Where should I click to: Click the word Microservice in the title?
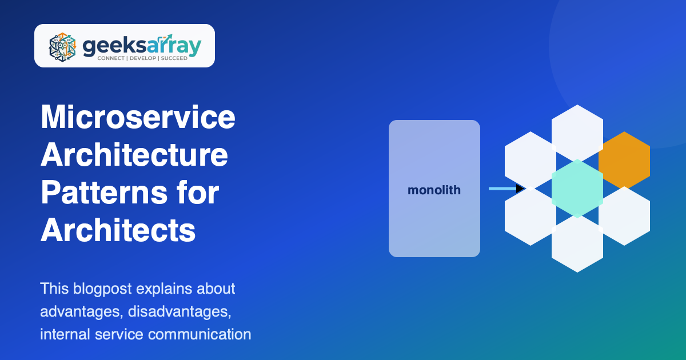138,117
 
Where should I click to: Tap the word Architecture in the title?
134,155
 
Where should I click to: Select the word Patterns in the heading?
104,193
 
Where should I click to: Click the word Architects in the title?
118,230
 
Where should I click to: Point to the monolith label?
434,190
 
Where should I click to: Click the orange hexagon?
624,160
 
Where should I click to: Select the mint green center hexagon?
577,189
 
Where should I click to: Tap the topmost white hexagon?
577,133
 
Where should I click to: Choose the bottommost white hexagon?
577,243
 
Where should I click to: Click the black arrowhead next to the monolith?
520,189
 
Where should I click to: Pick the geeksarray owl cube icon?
62,47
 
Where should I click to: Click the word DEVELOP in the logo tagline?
143,58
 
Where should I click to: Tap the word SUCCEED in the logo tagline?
174,58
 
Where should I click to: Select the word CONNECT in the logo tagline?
111,58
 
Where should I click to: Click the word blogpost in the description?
102,289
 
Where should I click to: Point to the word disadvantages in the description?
180,312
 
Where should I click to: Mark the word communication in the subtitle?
200,334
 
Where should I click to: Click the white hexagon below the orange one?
624,216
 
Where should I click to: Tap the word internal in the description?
65,334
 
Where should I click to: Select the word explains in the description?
164,289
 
